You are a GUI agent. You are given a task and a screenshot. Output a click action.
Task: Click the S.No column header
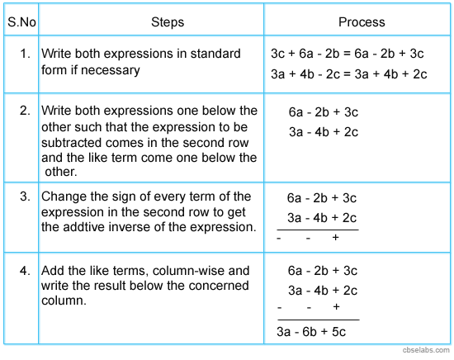coord(21,21)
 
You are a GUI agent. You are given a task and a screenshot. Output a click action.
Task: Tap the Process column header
coord(361,21)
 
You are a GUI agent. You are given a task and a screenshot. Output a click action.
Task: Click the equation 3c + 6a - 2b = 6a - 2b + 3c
coord(347,54)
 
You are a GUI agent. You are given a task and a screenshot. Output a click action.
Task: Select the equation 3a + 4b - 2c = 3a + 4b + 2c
coord(348,73)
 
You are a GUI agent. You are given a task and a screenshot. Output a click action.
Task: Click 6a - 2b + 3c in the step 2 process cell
coord(323,111)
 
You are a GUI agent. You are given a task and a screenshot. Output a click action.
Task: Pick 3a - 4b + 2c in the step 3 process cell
coord(322,217)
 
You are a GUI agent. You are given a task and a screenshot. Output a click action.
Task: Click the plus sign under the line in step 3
coord(335,237)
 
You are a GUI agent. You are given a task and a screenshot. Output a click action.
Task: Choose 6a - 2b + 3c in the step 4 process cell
coord(322,270)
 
